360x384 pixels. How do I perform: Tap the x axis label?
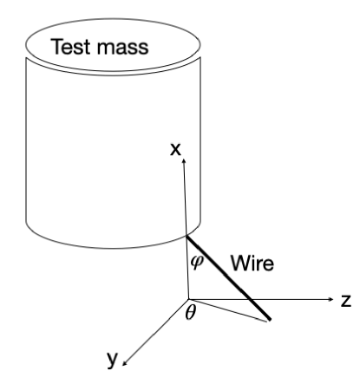[x=176, y=150]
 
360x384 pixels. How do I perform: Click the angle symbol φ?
[x=196, y=261]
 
